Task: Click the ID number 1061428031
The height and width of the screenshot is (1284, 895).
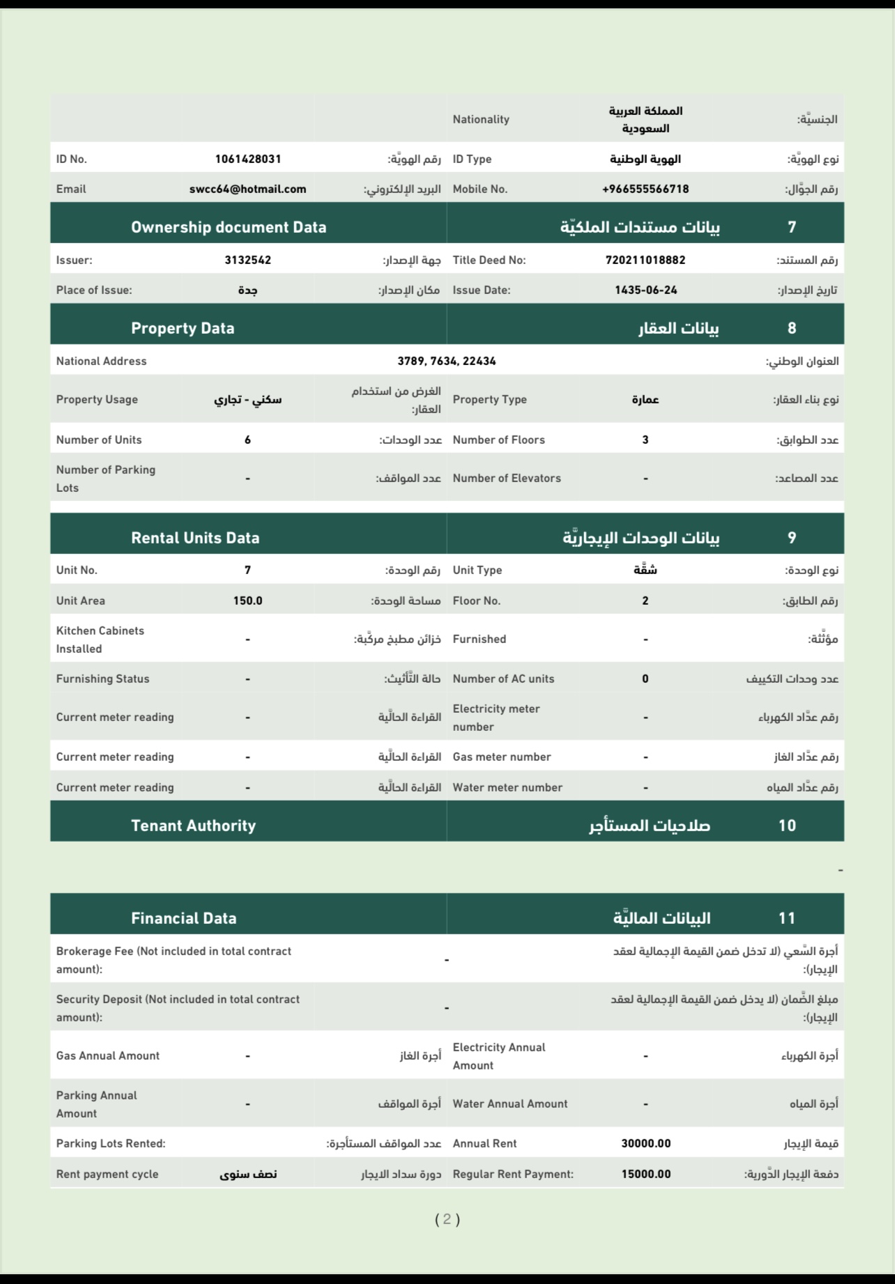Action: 247,159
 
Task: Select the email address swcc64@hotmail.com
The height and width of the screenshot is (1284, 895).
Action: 247,189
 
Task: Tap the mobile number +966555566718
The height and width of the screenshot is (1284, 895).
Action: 645,189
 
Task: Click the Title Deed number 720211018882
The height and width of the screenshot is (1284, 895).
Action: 645,260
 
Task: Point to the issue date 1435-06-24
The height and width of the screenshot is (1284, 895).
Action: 645,290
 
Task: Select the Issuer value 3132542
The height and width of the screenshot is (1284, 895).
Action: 247,260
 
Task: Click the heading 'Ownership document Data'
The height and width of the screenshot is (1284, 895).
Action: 229,227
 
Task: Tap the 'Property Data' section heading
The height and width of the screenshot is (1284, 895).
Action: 183,328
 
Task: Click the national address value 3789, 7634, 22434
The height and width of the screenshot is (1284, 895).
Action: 447,361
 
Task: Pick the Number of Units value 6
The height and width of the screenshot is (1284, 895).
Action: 247,440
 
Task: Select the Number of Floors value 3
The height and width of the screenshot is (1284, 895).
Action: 645,440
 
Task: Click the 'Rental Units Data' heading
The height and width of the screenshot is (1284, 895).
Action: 195,538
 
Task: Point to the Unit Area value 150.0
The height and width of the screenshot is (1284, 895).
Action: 247,601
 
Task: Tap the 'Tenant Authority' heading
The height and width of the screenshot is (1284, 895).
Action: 193,826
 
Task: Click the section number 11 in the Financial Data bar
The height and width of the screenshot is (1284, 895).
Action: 787,918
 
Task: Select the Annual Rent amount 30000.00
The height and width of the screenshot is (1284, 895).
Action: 645,1143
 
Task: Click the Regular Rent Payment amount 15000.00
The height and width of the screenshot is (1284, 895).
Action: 645,1174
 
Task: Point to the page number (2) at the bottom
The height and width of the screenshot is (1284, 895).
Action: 447,1219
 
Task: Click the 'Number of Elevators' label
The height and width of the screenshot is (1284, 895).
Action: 507,478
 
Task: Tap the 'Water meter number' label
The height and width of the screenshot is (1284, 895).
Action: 507,787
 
